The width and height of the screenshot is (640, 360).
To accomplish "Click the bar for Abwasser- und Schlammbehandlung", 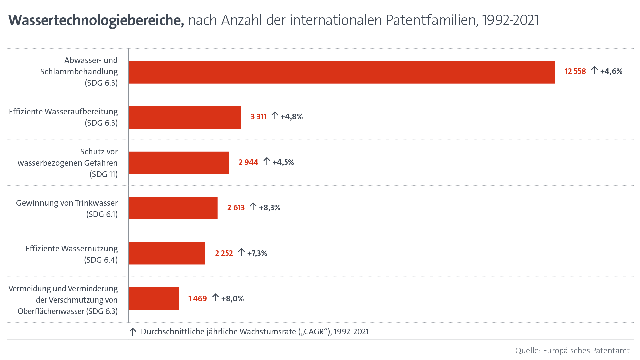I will point(342,72).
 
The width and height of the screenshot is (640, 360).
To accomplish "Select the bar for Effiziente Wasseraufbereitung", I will point(185,117).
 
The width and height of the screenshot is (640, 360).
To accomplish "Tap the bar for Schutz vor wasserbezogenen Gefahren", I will point(179,163).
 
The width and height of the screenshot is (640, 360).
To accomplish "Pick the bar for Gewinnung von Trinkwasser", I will point(173,208).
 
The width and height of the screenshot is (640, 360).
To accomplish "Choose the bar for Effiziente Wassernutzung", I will point(167,253).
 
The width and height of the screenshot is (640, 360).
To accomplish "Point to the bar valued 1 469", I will point(153,299).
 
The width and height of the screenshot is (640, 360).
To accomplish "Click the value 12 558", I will point(575,71).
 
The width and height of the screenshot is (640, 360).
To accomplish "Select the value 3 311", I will point(259,117).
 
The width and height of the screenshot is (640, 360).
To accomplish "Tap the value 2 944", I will point(248,162).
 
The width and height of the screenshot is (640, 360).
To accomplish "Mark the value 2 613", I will point(236,208).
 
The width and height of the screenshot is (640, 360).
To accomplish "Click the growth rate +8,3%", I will point(269,208).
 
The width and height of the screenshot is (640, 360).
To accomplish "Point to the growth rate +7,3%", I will point(257,253).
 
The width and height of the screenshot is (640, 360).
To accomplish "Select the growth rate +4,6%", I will point(611,71).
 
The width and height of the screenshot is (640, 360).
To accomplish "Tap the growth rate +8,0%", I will point(232,299).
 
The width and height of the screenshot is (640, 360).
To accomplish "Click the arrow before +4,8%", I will point(275,116).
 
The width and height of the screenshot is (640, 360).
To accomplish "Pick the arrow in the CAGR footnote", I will point(133,332).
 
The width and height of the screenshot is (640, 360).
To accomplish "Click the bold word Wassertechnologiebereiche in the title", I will point(96,20).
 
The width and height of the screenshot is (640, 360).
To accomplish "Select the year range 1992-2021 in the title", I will point(510,20).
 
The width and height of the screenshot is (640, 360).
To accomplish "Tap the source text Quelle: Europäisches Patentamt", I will point(572,351).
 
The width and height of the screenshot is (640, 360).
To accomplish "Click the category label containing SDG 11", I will point(68,163).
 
